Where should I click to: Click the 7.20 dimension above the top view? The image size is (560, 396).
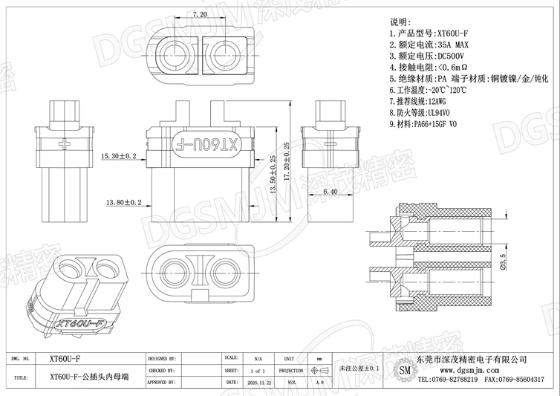(199, 14)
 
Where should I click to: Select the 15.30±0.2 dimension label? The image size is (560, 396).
(118, 156)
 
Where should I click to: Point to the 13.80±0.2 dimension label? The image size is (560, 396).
(124, 201)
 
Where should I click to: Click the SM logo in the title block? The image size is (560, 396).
(404, 370)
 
